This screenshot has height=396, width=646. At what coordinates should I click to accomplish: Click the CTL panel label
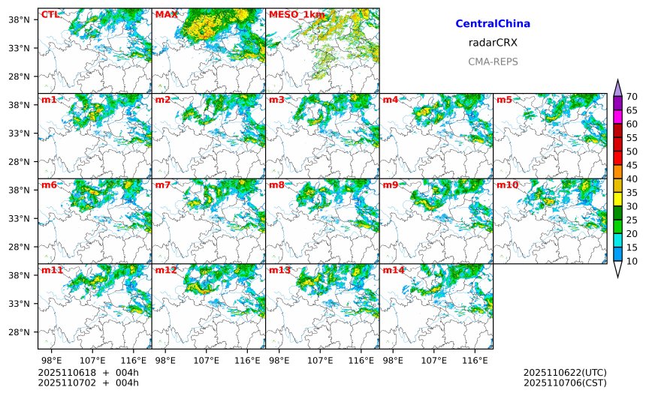click(x=50, y=14)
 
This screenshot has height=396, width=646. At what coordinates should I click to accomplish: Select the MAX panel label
click(x=165, y=14)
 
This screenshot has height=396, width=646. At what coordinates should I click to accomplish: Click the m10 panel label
click(x=507, y=185)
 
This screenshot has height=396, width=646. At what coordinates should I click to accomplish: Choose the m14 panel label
click(x=393, y=270)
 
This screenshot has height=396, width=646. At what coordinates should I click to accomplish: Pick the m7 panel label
click(x=162, y=185)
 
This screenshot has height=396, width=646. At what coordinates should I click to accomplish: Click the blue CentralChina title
click(x=493, y=24)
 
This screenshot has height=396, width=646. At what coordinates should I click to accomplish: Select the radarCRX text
click(x=493, y=43)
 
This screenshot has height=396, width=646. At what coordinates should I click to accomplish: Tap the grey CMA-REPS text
click(x=493, y=61)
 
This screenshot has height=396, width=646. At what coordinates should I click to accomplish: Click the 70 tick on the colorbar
click(x=632, y=96)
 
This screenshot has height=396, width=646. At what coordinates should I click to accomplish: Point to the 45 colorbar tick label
click(x=632, y=165)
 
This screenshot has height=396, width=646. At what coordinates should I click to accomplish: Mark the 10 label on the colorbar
click(x=632, y=261)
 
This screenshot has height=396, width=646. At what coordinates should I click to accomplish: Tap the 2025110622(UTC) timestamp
click(x=565, y=373)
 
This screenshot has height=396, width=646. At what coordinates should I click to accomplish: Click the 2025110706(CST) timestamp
click(x=565, y=383)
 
